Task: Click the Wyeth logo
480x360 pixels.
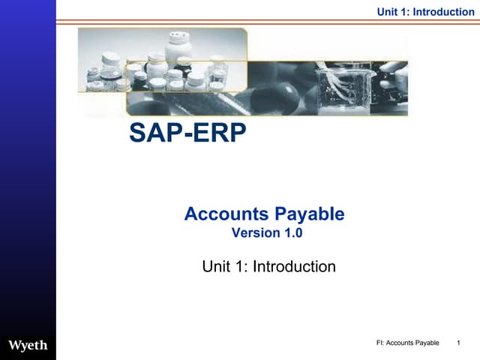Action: pos(28,345)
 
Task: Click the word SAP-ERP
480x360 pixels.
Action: pos(187,133)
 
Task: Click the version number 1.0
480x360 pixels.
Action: pos(292,232)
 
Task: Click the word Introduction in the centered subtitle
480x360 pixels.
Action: pos(294,266)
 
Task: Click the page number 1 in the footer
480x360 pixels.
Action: pos(457,343)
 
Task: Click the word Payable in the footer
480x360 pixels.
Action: pos(425,343)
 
